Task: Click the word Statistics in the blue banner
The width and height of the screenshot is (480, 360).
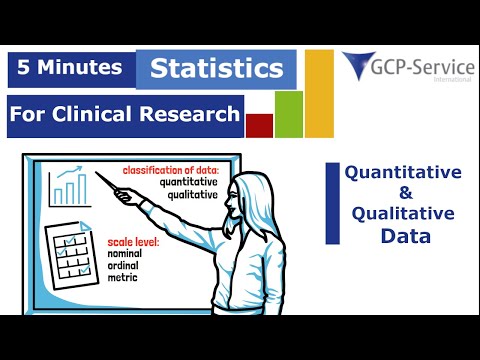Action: click(x=216, y=70)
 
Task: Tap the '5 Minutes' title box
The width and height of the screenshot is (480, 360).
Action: click(x=71, y=68)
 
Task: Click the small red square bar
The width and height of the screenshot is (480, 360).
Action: click(x=259, y=125)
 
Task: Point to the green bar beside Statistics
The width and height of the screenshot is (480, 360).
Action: click(x=288, y=113)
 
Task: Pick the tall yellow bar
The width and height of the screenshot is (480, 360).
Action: click(x=319, y=93)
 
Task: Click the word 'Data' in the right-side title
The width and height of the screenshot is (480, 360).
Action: click(x=404, y=236)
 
